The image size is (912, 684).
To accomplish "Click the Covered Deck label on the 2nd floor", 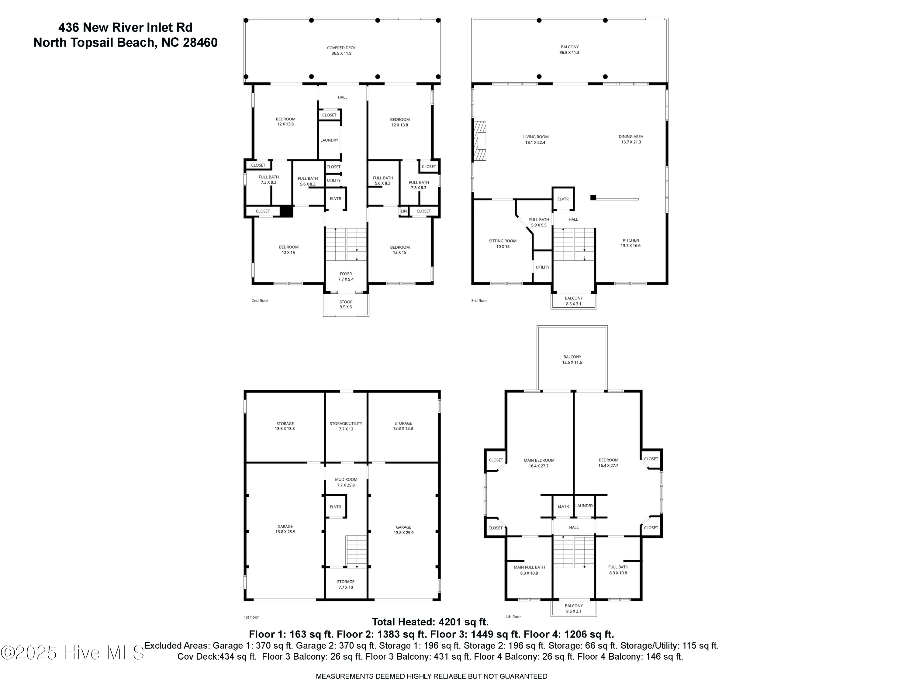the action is pyautogui.click(x=341, y=50).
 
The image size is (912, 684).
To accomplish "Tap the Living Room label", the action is pyautogui.click(x=536, y=139).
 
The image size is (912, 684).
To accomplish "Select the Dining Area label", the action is pyautogui.click(x=631, y=139).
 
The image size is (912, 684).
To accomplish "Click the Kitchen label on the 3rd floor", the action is pyautogui.click(x=631, y=243).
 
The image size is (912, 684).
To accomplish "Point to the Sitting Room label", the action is pyautogui.click(x=503, y=244).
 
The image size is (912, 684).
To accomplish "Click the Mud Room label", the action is pyautogui.click(x=346, y=482).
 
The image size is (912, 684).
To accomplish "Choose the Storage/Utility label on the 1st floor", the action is pyautogui.click(x=346, y=426).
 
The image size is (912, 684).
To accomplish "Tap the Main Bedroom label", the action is pyautogui.click(x=539, y=463).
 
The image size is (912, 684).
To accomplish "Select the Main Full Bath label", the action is pyautogui.click(x=529, y=570).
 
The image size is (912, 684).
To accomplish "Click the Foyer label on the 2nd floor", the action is pyautogui.click(x=346, y=276).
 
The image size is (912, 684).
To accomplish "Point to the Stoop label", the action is pyautogui.click(x=346, y=304).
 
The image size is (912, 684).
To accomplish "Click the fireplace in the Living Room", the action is pyautogui.click(x=480, y=140).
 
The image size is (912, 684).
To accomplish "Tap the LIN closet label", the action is pyautogui.click(x=404, y=211).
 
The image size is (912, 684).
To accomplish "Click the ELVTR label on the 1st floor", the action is pyautogui.click(x=336, y=507).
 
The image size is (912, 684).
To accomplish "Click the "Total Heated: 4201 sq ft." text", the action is pyautogui.click(x=430, y=622).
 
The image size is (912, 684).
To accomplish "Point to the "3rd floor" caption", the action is pyautogui.click(x=479, y=301).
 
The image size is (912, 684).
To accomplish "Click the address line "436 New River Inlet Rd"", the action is pyautogui.click(x=125, y=27).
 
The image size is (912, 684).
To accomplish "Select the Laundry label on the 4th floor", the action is pyautogui.click(x=584, y=506).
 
